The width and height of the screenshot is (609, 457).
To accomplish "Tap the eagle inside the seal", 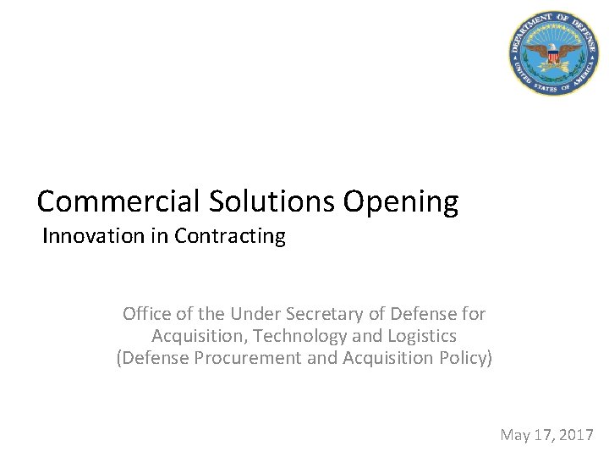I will click(x=553, y=54).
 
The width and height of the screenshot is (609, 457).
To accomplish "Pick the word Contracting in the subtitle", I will click(x=230, y=236).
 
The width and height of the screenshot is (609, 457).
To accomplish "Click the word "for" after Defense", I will click(x=474, y=315).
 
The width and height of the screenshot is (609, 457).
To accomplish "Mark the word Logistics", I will click(x=421, y=336).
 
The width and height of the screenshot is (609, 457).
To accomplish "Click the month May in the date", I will click(x=516, y=436).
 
